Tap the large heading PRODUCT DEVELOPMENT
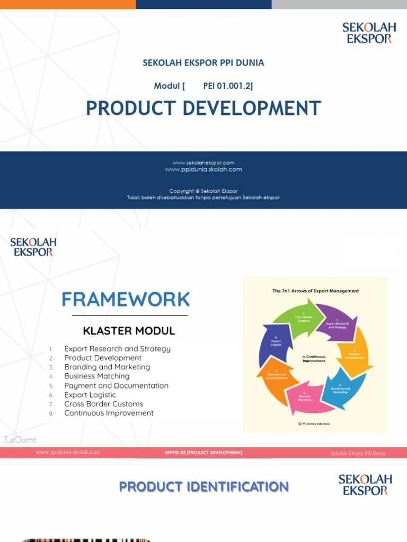coord(203,109)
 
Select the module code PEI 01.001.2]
coord(224,86)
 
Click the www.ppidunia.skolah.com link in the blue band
coord(203,169)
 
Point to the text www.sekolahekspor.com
coord(203,162)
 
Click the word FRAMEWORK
coord(126,300)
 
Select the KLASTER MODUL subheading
coord(129,331)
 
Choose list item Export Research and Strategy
coord(117,349)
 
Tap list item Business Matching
coord(97,376)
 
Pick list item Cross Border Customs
coord(104,404)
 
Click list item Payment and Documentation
coord(116,386)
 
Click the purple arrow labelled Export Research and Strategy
coord(337,322)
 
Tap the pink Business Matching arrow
coord(305,399)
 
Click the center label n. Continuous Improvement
coord(314,358)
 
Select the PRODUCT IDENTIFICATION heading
coord(204,487)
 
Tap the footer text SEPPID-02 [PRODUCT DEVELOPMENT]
coord(203,453)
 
